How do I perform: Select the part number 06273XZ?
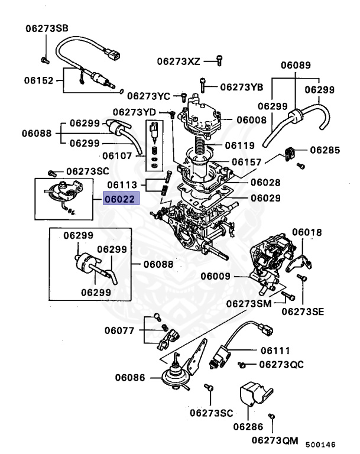tap(179, 61)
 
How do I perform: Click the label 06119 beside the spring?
tap(240, 145)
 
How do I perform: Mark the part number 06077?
tap(122, 330)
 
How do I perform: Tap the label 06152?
tap(39, 80)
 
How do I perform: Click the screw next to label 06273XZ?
tap(219, 59)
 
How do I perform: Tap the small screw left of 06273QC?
tap(242, 365)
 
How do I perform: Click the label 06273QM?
tap(274, 440)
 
